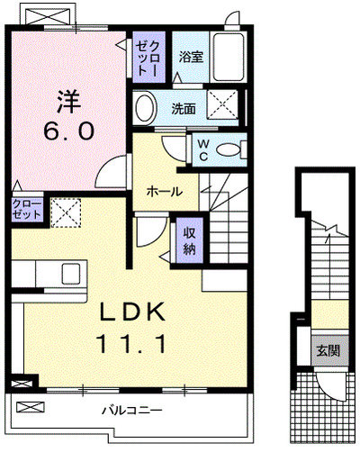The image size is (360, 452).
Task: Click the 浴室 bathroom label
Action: tap(191, 57)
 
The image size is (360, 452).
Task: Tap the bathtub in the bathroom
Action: tap(229, 57)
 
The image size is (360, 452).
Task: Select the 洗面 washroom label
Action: tap(184, 109)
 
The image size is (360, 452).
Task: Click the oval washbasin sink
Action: tap(146, 108)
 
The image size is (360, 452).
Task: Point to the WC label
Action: tap(203, 150)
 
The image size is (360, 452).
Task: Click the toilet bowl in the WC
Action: tap(229, 149)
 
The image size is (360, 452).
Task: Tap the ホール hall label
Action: tap(165, 192)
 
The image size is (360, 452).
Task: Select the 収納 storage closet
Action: tap(190, 240)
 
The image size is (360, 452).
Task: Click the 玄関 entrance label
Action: tap(328, 350)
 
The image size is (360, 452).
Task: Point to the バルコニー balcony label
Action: tap(132, 410)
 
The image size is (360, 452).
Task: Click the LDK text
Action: tap(133, 312)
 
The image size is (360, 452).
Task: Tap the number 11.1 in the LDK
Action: tap(131, 344)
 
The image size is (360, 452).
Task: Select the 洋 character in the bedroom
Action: tap(69, 101)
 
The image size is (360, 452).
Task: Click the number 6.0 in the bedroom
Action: tap(69, 131)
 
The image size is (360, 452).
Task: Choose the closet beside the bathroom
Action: tap(148, 57)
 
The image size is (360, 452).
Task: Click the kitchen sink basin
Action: tap(71, 274)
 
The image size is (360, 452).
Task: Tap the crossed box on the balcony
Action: tap(31, 407)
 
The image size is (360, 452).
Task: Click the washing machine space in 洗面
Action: tap(223, 104)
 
